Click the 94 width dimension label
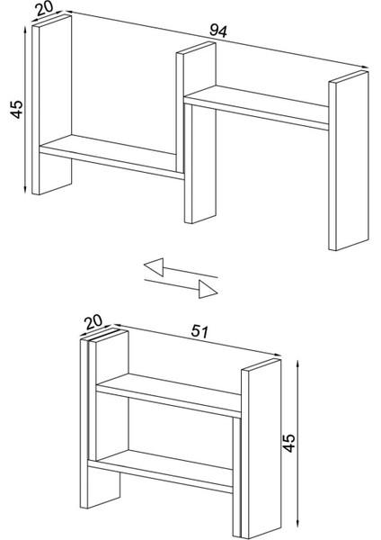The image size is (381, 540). click(x=218, y=31)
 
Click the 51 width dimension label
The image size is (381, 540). click(x=199, y=331)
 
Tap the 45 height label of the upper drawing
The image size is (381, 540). click(x=17, y=109)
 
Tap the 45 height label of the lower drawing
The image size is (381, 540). click(x=288, y=443)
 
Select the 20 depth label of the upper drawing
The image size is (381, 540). click(x=45, y=9)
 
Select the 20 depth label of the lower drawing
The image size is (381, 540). click(x=93, y=321)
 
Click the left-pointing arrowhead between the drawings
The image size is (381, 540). click(x=154, y=267)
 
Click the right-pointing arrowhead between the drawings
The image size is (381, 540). click(x=208, y=289)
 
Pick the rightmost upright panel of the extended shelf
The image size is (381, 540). click(x=349, y=160)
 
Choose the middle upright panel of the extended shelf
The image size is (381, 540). click(x=197, y=132)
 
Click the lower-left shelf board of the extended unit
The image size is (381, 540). click(x=111, y=157)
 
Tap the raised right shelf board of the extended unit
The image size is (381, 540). click(x=256, y=107)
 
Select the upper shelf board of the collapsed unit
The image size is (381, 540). click(x=169, y=395)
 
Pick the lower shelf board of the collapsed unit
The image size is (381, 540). click(x=161, y=471)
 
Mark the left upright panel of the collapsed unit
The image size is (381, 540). click(x=103, y=418)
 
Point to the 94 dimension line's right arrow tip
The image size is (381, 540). click(x=368, y=68)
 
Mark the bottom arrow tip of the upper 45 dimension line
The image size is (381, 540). click(x=25, y=193)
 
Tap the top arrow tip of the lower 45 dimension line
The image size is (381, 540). click(x=297, y=360)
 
